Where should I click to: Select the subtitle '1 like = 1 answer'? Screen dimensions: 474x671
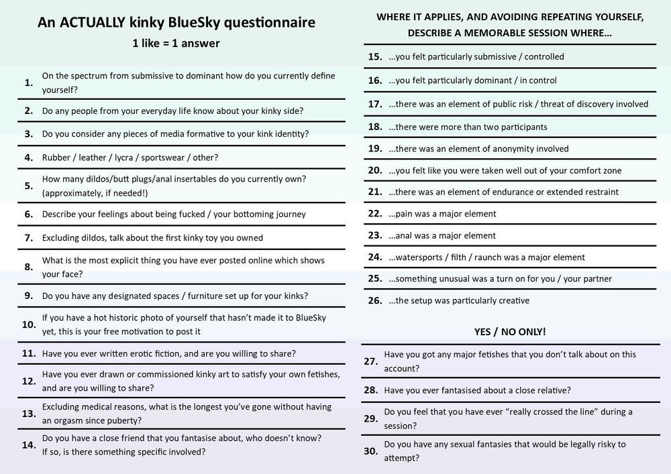(176, 44)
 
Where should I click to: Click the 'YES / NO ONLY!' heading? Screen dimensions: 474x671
(509, 332)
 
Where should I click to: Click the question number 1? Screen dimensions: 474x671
(28, 82)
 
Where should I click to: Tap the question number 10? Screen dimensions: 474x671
(29, 324)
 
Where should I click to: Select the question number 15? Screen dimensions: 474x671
(375, 57)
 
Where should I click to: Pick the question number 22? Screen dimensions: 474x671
(375, 214)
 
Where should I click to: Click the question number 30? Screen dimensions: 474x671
(371, 451)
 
